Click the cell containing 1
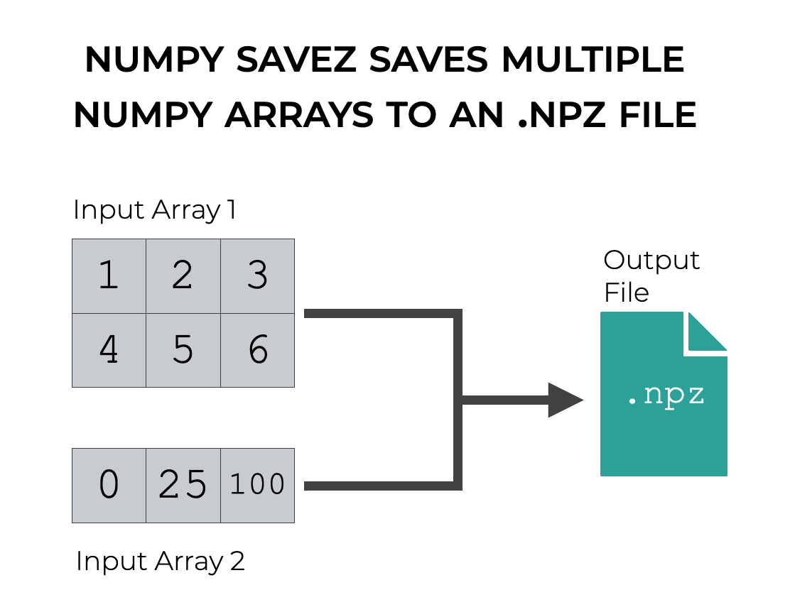[109, 275]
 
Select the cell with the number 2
[183, 275]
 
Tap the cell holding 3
[257, 275]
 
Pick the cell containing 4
[109, 350]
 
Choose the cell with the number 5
[183, 350]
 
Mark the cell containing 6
[257, 350]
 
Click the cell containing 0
[109, 485]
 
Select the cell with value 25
[183, 485]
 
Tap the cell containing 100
[257, 485]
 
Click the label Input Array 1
[154, 210]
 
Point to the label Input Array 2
[160, 561]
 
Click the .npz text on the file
[666, 395]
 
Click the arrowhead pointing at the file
[565, 400]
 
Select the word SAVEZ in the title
[299, 60]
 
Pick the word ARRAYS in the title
[298, 115]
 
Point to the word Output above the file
[651, 261]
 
